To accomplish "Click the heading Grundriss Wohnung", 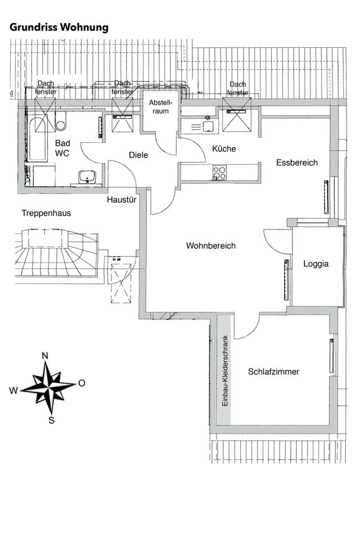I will (59, 28).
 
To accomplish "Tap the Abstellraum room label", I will (159, 107).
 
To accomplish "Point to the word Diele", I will (138, 155).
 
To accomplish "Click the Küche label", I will (224, 149).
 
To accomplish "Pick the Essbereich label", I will (297, 163).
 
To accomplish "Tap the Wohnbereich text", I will (210, 246).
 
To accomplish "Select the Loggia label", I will (315, 263).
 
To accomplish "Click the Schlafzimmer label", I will (273, 372).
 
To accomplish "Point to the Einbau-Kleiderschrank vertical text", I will (224, 371).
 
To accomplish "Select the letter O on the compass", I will (82, 383).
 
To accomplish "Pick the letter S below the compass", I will (51, 419).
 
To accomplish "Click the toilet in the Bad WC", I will (61, 120).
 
